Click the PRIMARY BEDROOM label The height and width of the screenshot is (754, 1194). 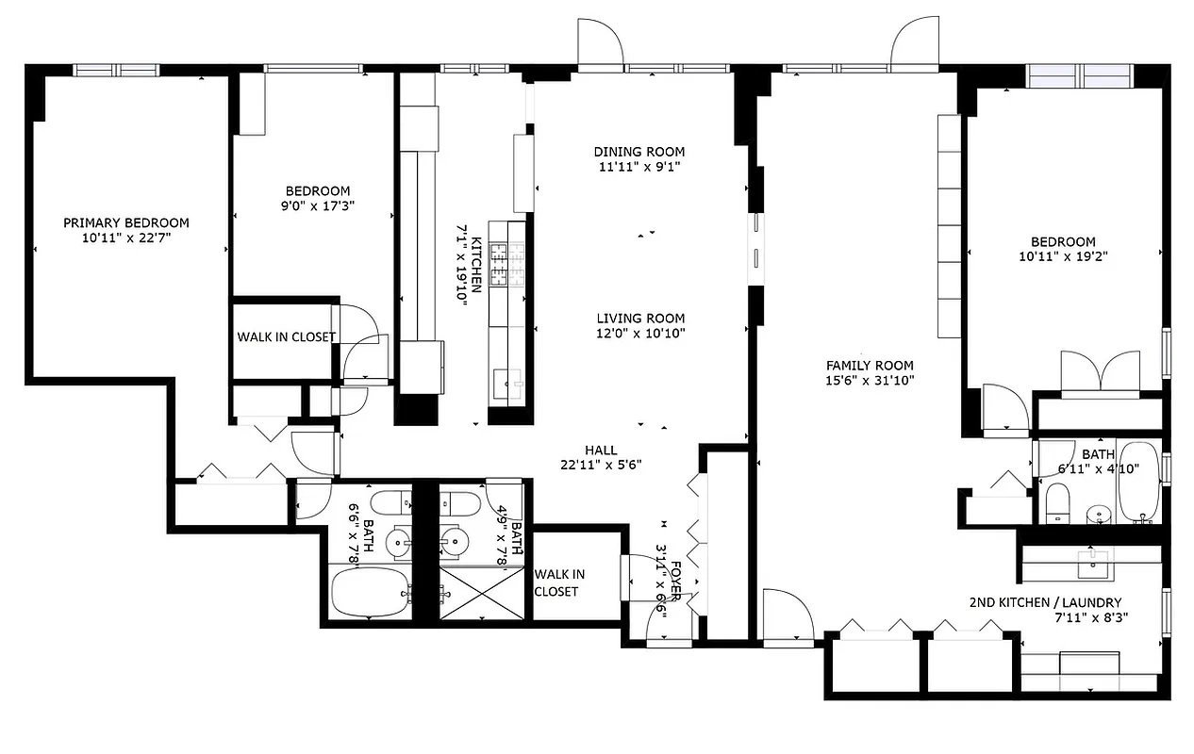coord(125,223)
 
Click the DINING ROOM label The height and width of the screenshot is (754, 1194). coord(638,152)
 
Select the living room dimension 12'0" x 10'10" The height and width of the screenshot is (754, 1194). coord(640,333)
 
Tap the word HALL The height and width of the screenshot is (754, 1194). coord(601,450)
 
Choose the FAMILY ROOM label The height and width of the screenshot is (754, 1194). coord(870,366)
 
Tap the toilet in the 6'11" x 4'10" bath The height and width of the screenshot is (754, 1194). coord(1056,502)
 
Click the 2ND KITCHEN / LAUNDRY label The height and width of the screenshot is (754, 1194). coord(1045,603)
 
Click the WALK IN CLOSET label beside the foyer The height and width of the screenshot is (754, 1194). coord(559,582)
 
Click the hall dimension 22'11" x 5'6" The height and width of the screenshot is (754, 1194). coord(601,464)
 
